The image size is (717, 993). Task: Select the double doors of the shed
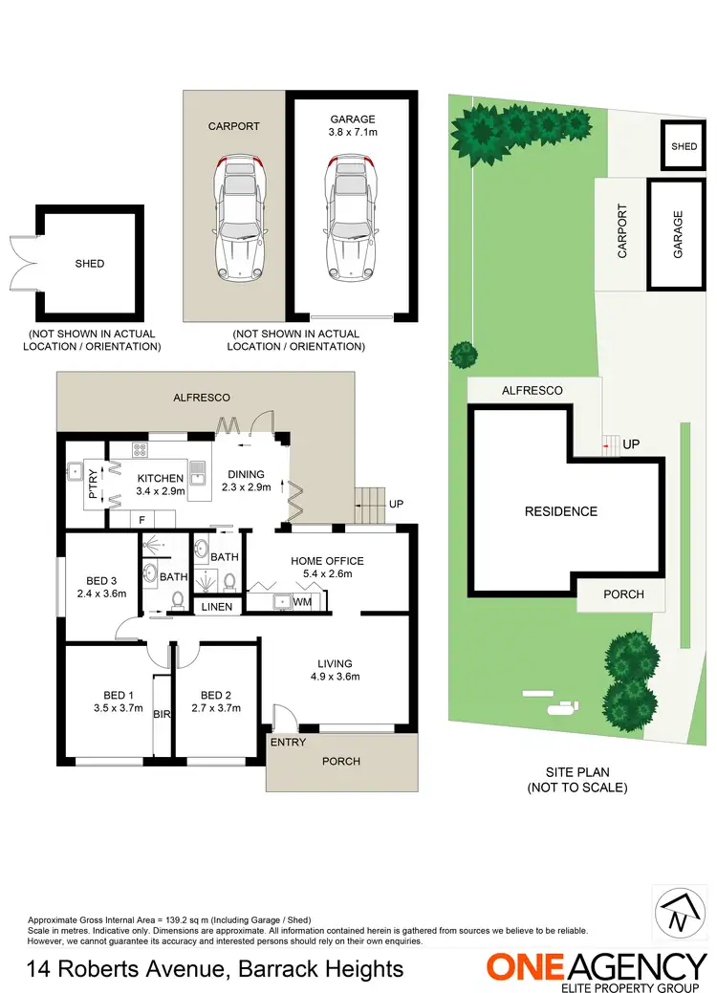(21, 263)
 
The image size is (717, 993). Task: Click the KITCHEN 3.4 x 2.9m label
(160, 485)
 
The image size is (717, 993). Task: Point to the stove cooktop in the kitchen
(141, 449)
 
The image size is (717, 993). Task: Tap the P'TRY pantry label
(93, 484)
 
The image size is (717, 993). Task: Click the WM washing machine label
(302, 602)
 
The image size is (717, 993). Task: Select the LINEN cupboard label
(218, 607)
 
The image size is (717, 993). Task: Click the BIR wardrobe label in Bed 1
(161, 714)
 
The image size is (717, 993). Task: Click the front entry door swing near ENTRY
(283, 717)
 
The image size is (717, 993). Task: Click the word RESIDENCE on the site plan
(560, 511)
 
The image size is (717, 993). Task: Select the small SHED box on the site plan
(684, 147)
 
